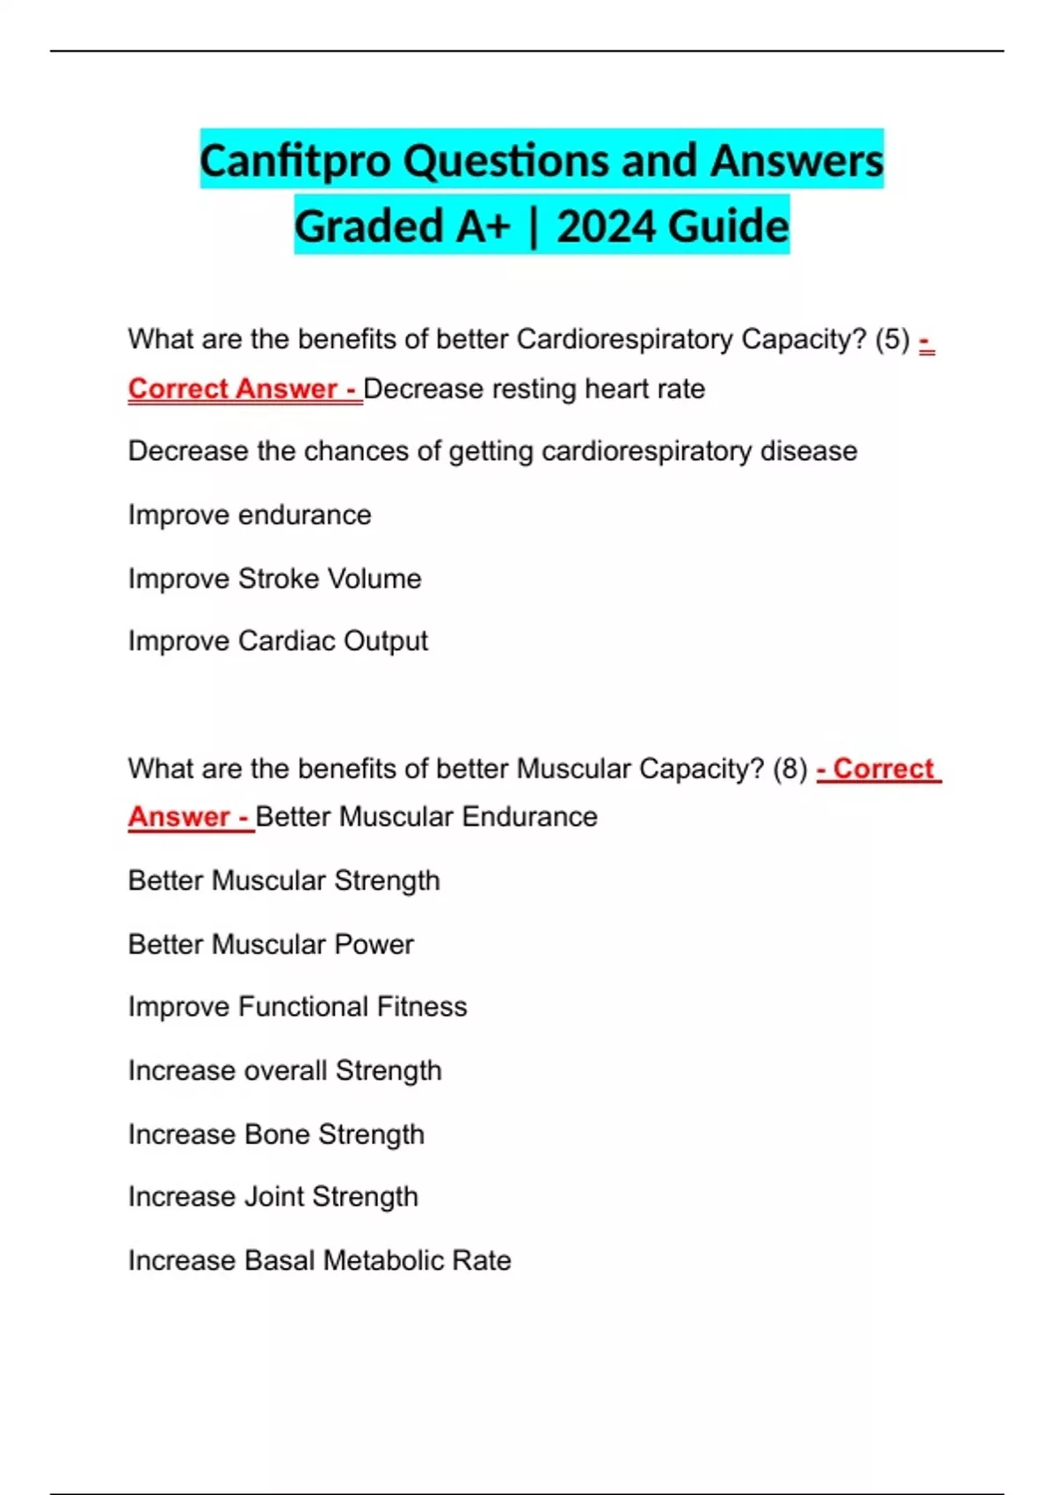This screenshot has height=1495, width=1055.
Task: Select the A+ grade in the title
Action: pos(482,227)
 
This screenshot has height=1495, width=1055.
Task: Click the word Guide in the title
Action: pos(732,227)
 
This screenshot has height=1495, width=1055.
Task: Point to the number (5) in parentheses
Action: pos(892,339)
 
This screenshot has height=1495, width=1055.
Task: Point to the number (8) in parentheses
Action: pos(789,769)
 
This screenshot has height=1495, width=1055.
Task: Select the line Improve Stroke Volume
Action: pos(274,579)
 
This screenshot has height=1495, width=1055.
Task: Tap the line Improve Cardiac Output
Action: pos(278,641)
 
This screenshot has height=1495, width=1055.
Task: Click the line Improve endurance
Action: pos(250,515)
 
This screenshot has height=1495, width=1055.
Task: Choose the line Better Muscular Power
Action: pos(271,944)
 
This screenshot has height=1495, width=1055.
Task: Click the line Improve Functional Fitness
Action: pos(297,1007)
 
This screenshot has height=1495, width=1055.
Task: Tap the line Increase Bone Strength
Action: pos(276,1134)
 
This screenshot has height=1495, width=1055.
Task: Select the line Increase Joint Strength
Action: pos(273,1197)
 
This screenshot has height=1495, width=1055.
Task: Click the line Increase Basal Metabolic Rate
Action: pos(319,1261)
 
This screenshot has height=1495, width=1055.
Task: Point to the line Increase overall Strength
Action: pos(285,1071)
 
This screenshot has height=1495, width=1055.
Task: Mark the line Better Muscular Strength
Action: pos(284,880)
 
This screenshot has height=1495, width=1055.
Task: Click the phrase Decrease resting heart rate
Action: pos(534,389)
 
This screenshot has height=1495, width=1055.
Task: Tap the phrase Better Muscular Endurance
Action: pos(426,817)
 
